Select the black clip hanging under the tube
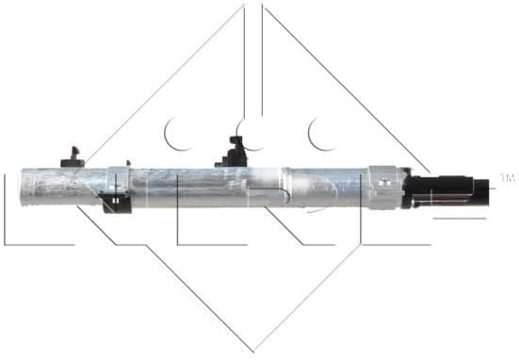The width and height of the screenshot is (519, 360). click(116, 201)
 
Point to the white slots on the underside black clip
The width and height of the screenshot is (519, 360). click(115, 200)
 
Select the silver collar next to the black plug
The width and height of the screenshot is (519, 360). click(384, 186)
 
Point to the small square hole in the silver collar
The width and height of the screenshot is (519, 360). click(386, 178)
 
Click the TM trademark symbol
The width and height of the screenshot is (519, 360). click(507, 176)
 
